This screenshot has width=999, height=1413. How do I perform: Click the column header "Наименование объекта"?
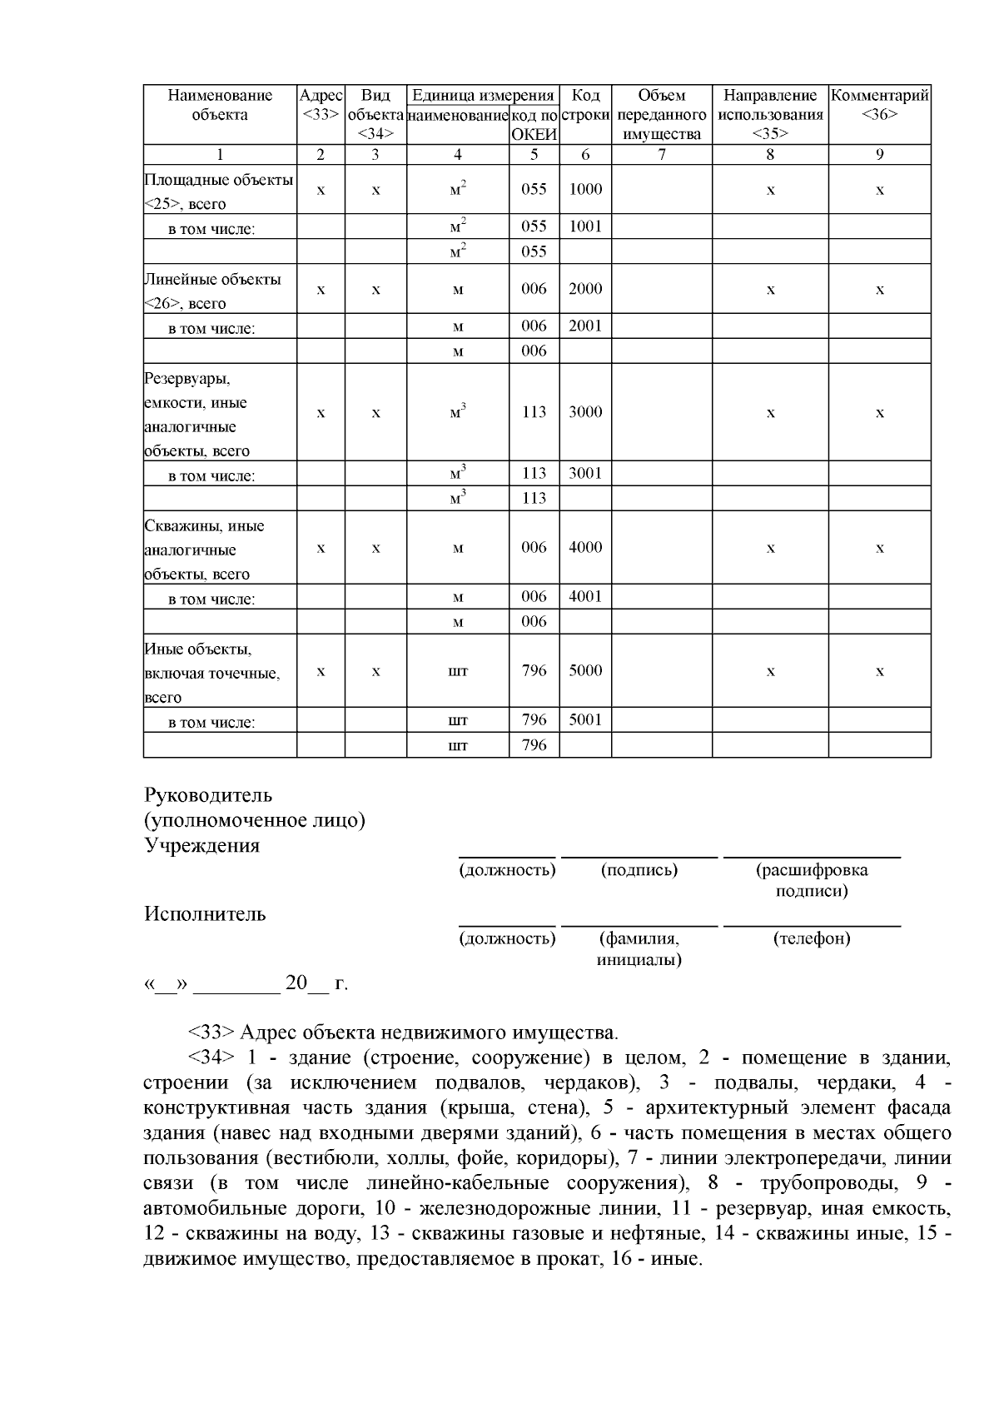click(x=220, y=105)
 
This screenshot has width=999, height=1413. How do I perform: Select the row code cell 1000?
click(x=585, y=189)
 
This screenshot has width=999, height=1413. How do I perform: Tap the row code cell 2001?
click(x=585, y=326)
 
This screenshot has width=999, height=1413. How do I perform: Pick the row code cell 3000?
click(x=585, y=412)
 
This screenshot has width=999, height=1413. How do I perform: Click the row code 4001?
click(x=585, y=596)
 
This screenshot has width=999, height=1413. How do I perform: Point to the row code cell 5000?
click(x=585, y=670)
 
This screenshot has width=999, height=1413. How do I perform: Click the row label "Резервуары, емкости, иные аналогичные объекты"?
click(x=196, y=415)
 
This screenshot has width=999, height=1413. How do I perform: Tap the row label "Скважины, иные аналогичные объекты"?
click(x=204, y=550)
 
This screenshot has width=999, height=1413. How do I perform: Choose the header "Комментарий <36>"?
click(x=879, y=105)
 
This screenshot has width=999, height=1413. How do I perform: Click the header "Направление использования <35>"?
click(x=770, y=114)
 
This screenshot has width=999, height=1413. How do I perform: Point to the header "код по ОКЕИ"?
click(x=534, y=124)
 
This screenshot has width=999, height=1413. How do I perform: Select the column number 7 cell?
click(x=662, y=154)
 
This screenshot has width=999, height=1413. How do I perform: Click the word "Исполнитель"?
click(x=205, y=914)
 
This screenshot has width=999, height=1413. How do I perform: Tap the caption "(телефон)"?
click(x=812, y=939)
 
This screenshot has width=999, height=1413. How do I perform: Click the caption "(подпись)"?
click(x=639, y=871)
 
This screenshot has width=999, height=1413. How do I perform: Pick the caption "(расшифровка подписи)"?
click(x=812, y=880)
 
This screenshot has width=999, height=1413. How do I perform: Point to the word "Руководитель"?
click(x=208, y=796)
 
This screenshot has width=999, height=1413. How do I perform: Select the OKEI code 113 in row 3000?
click(x=534, y=412)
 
